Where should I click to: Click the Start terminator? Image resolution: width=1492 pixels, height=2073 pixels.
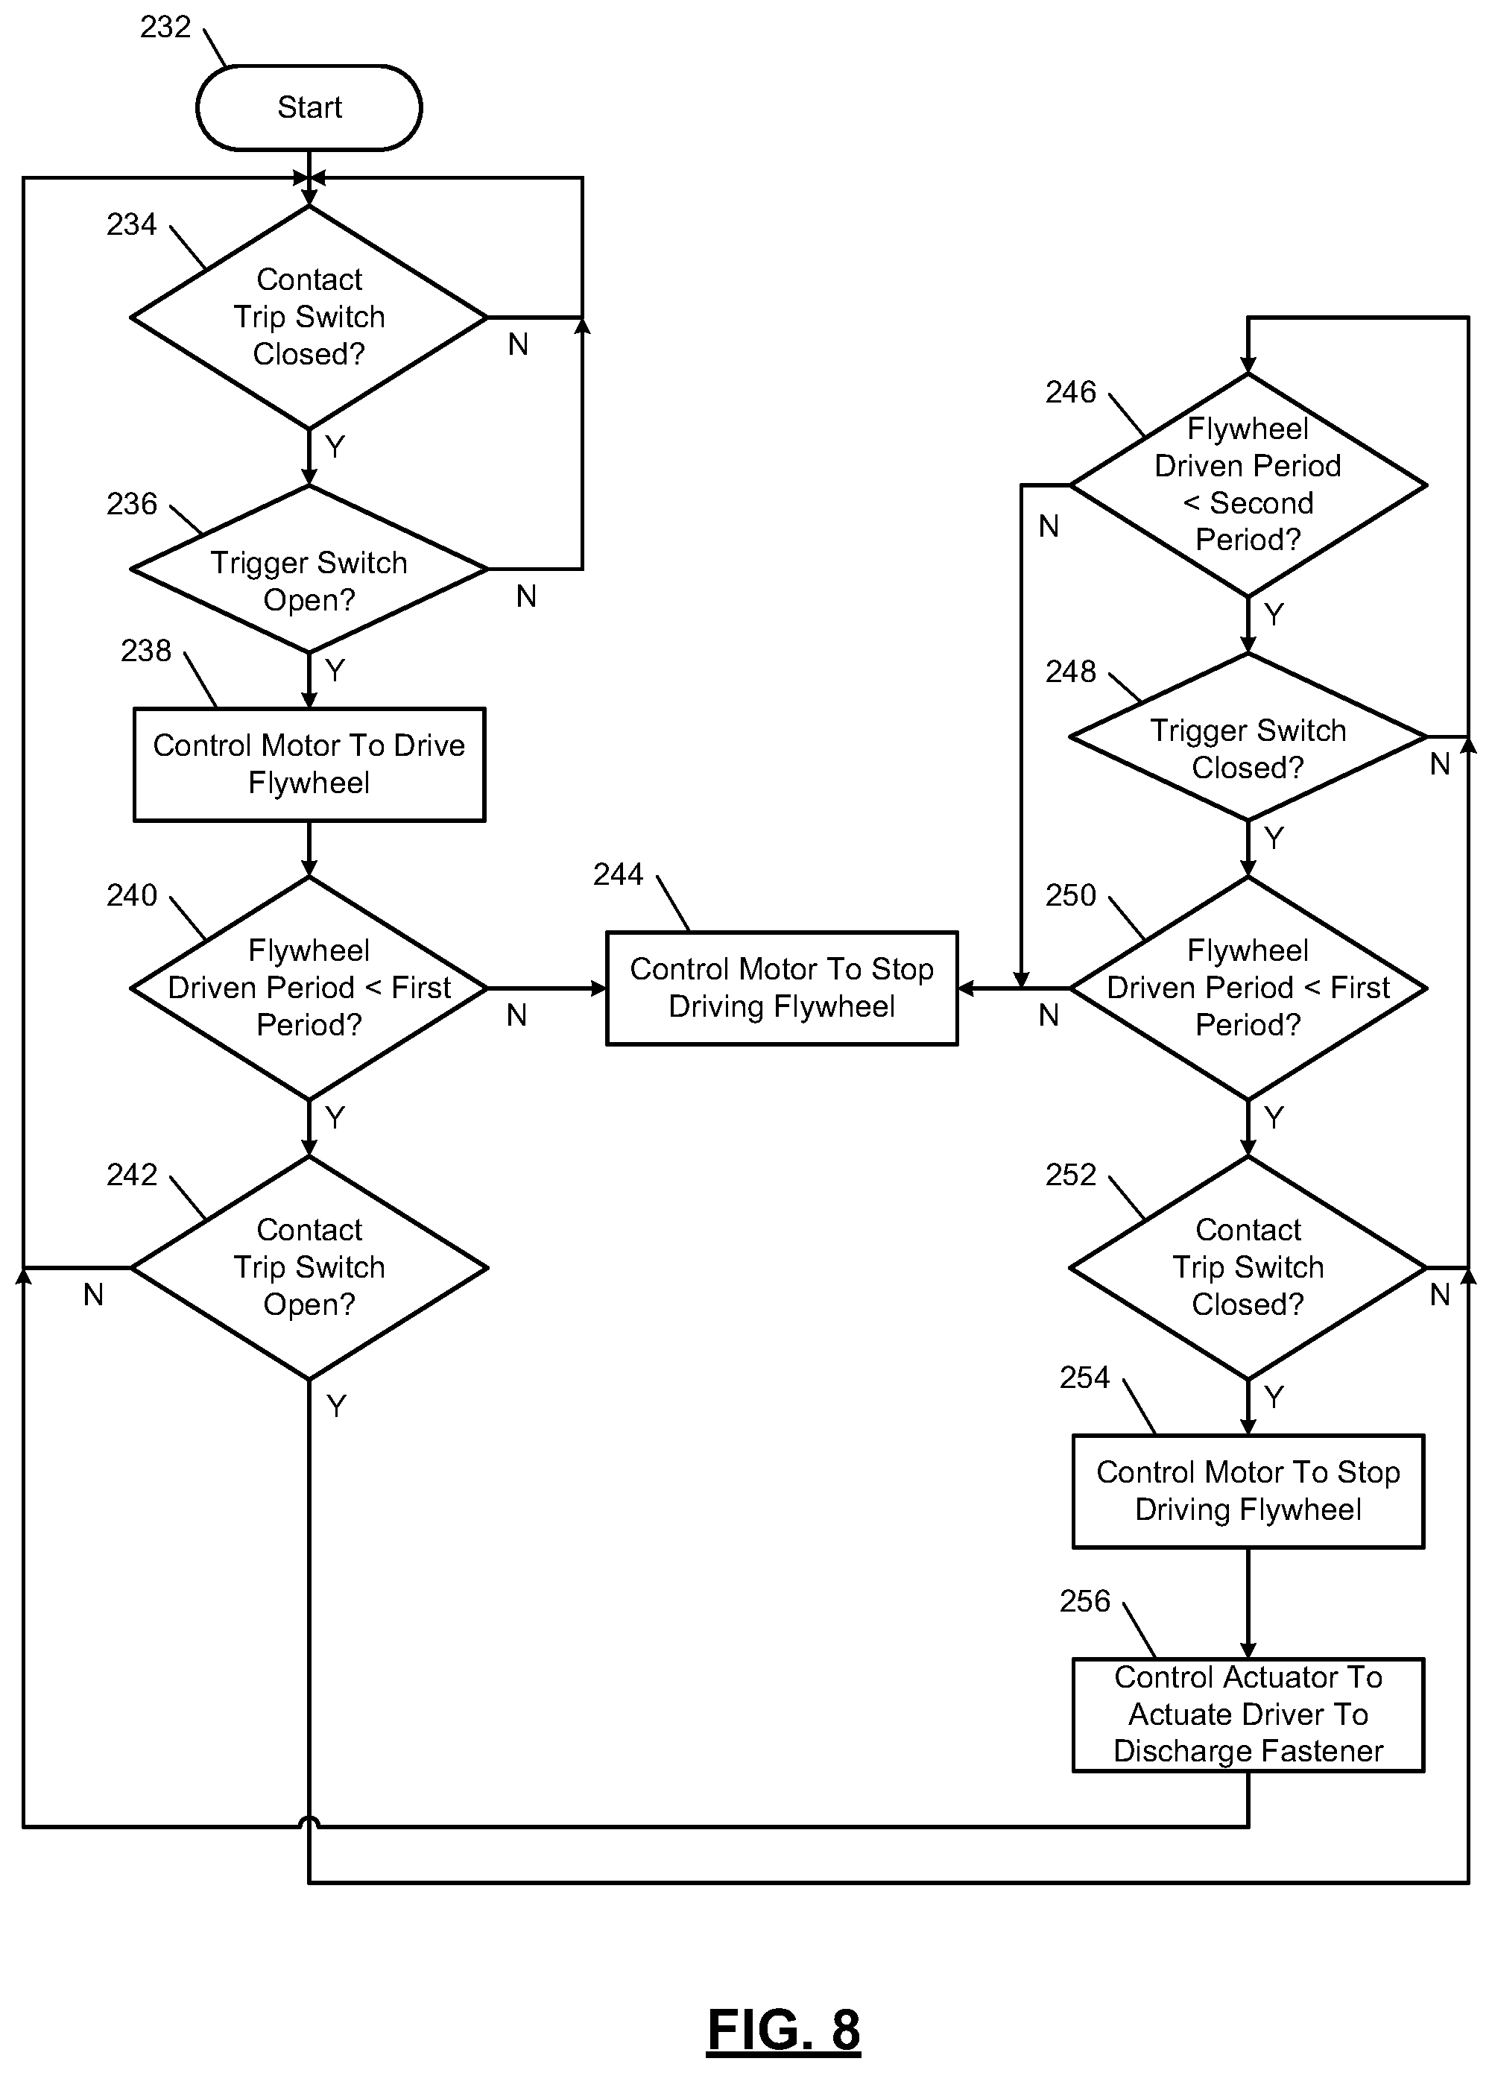point(309,107)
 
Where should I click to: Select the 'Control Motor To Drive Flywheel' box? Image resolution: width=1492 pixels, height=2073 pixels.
point(309,764)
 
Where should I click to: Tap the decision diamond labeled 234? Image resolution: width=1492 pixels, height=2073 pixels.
point(309,317)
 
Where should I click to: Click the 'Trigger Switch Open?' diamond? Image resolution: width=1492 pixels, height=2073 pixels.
point(309,569)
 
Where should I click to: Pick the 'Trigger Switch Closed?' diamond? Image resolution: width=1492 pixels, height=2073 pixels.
point(1248,736)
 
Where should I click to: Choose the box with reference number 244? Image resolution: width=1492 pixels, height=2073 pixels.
point(782,988)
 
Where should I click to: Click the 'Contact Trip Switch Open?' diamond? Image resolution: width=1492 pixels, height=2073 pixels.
point(309,1268)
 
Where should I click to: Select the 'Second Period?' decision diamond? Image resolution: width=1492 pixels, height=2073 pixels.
point(1248,485)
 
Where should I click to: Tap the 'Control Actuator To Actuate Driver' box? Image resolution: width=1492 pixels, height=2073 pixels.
point(1248,1714)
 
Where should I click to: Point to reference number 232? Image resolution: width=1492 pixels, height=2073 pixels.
point(165,28)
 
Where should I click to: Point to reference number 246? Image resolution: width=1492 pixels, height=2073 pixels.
point(1070,392)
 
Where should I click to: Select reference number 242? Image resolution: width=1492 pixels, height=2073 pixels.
point(132,1175)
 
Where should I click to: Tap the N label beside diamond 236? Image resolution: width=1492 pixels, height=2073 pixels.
point(525,596)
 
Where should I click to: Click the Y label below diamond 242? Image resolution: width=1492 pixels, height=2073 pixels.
point(336,1406)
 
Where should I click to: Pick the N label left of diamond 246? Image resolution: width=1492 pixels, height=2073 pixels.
point(1049,526)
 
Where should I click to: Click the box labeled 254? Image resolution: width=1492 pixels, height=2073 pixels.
point(1248,1491)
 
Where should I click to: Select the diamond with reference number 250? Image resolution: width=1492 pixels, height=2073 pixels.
point(1248,988)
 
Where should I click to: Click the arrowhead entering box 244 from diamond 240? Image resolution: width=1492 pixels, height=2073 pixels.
point(599,988)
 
